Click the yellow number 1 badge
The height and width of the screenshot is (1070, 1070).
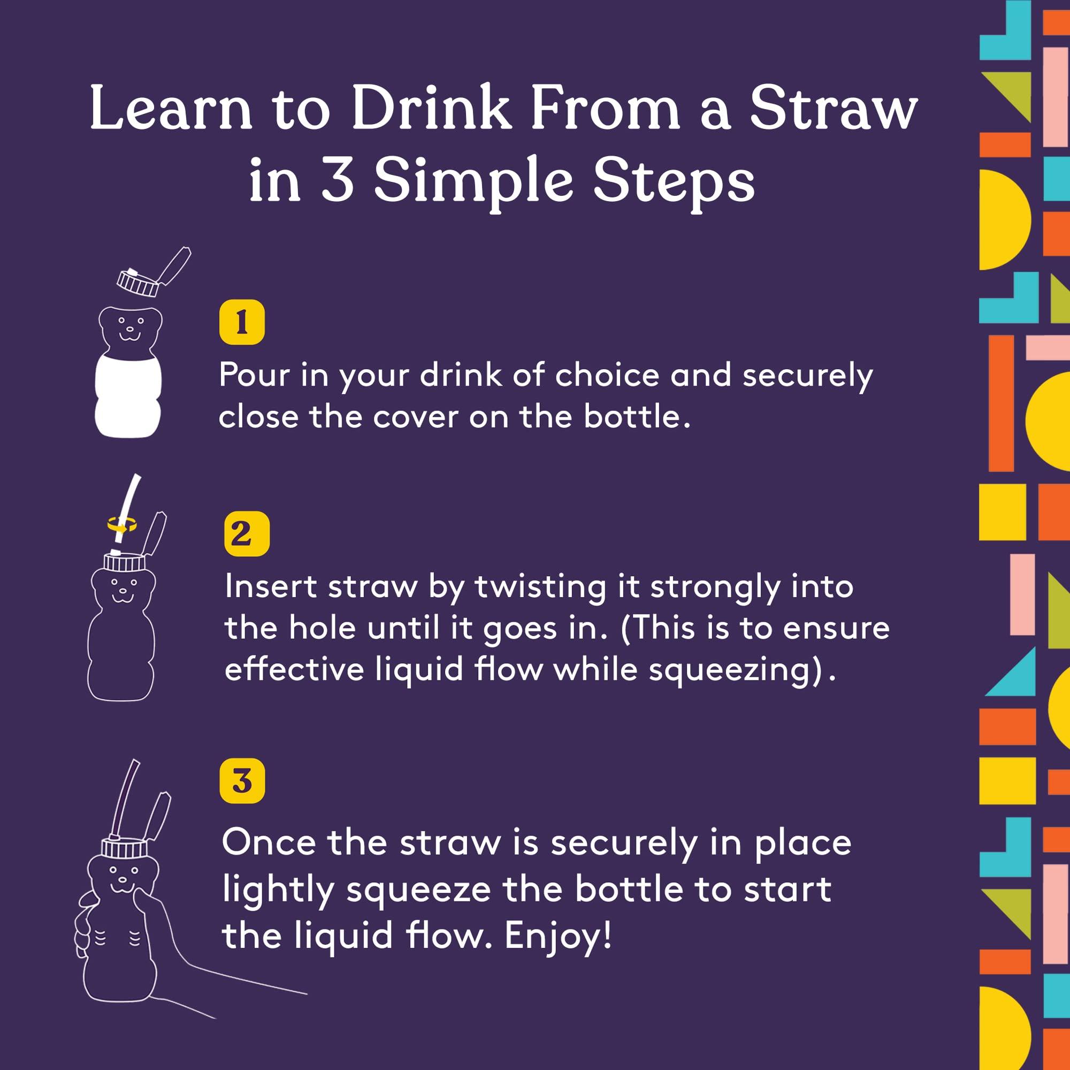[x=241, y=322]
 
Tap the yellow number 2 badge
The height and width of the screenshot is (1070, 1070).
[x=247, y=534]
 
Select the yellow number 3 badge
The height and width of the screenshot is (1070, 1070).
[x=242, y=781]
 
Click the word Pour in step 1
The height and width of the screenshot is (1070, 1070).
[x=254, y=375]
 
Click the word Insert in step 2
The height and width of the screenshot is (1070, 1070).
[x=271, y=586]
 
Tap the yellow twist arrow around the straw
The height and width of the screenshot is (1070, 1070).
[x=122, y=523]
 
